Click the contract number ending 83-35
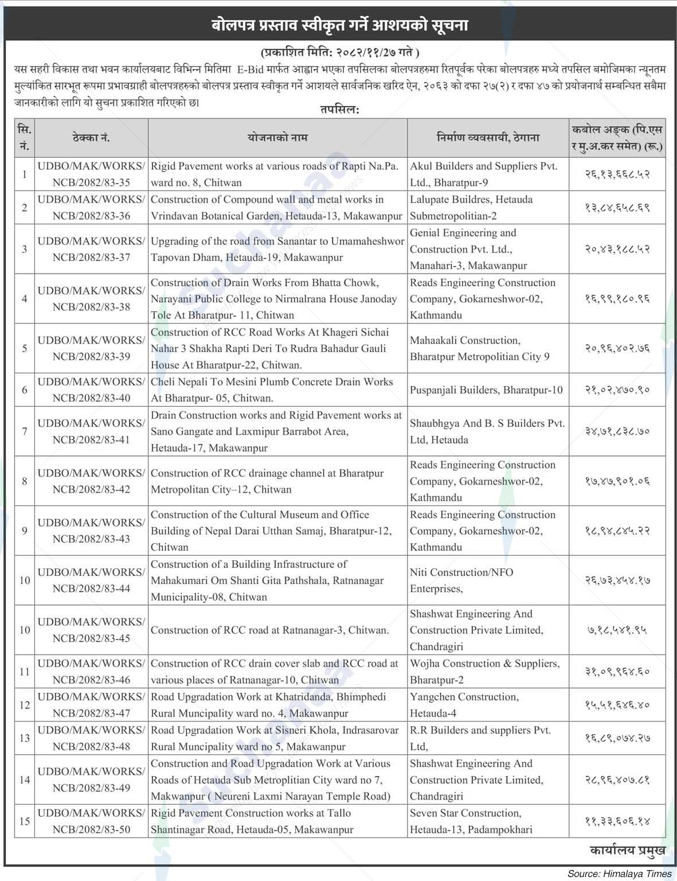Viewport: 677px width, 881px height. [x=92, y=174]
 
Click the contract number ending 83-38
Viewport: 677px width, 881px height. [x=92, y=298]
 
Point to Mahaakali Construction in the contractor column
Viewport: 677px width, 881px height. [x=479, y=348]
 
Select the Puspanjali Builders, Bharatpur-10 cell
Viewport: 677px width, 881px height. [x=486, y=390]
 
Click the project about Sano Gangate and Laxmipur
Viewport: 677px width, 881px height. [x=276, y=431]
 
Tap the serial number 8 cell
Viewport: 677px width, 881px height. [x=25, y=481]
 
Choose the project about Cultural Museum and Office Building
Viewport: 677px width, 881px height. [x=271, y=531]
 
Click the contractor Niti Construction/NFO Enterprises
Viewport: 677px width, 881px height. [x=461, y=580]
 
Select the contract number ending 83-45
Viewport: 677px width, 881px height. [x=92, y=630]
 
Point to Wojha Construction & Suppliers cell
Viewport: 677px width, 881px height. [x=484, y=671]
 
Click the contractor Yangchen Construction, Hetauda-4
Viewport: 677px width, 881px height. [x=464, y=705]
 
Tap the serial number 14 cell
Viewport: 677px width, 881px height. [x=25, y=779]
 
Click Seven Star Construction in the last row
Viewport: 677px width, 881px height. [x=471, y=821]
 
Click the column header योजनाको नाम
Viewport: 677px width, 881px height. [x=277, y=138]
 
